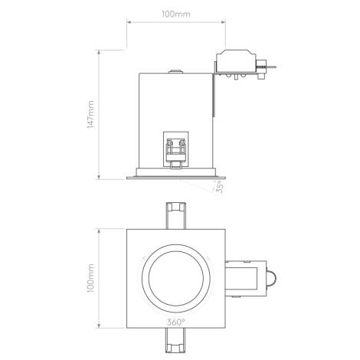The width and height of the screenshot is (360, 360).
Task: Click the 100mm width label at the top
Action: point(175,13)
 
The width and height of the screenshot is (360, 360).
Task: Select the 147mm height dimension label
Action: point(91,114)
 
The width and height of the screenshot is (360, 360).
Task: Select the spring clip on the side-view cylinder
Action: point(175,149)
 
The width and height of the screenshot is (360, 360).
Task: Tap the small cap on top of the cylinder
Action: point(175,70)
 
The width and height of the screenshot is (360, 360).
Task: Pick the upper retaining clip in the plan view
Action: point(175,214)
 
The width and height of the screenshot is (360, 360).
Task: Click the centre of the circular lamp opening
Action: point(175,276)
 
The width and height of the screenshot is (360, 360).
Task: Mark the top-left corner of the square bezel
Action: point(127,227)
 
